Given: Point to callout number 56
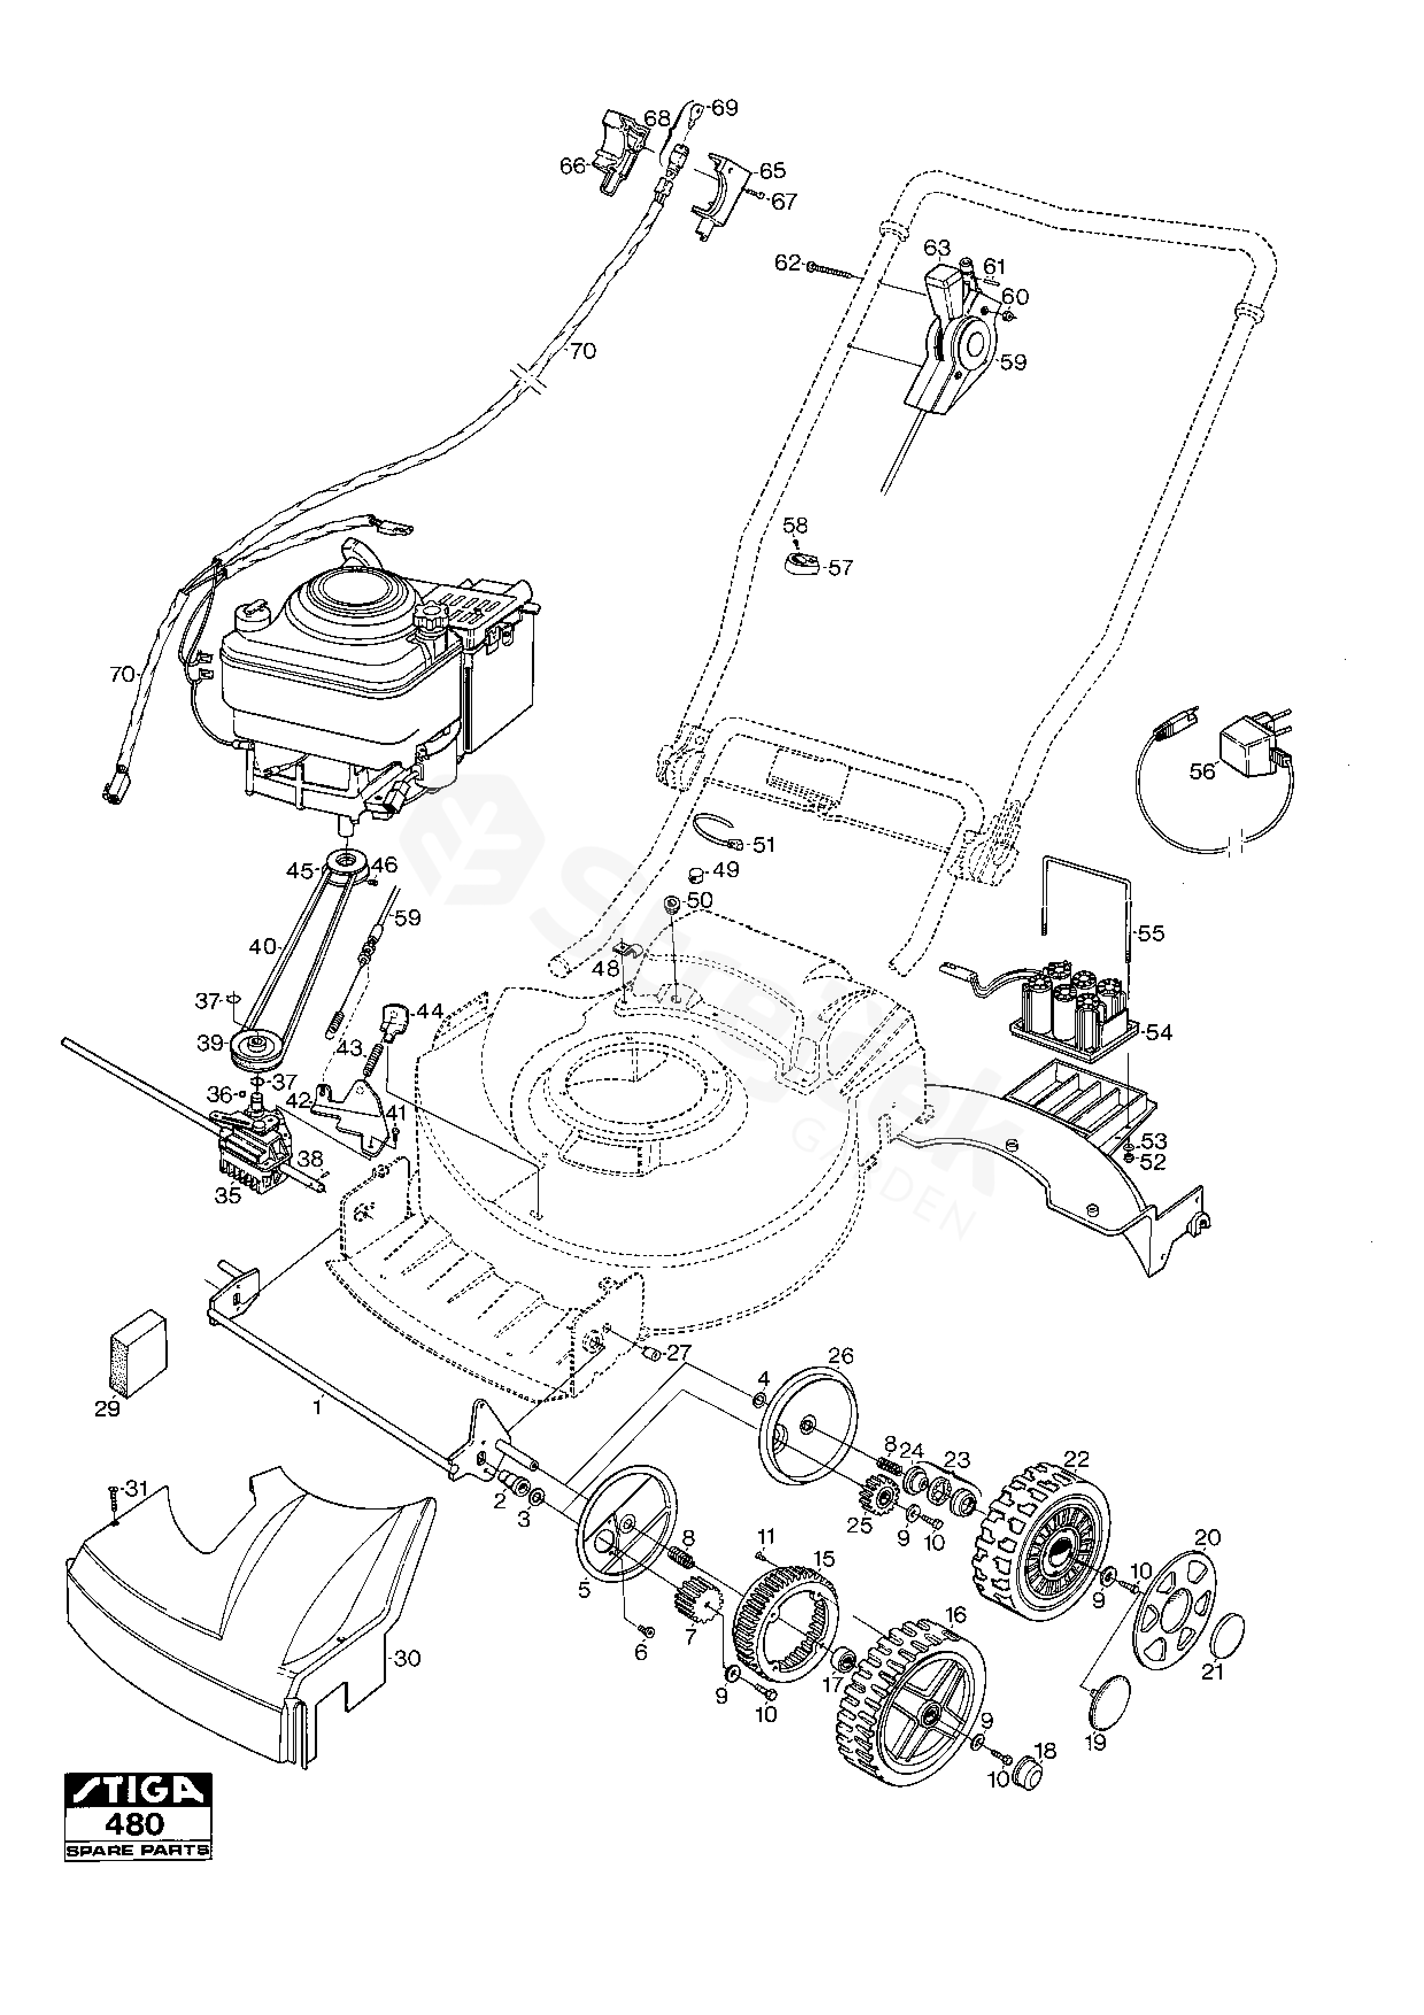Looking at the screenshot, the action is tap(1202, 770).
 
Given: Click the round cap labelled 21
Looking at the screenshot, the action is tap(1226, 1633).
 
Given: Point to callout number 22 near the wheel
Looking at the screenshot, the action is tap(1076, 1458).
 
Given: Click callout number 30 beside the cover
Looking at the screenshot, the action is tap(407, 1659).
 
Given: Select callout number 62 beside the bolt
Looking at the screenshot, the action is tap(788, 263).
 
